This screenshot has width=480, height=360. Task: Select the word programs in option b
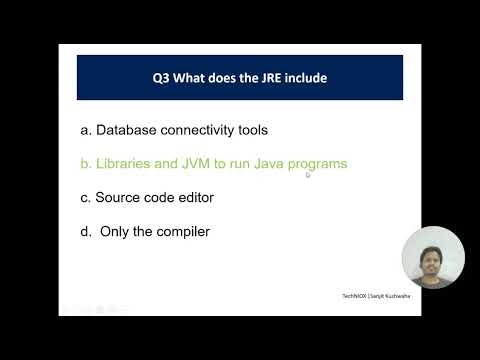tap(315, 164)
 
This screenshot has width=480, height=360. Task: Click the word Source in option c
tap(118, 197)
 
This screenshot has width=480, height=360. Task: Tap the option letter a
tap(84, 130)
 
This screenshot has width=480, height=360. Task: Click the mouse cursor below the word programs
tap(308, 175)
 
